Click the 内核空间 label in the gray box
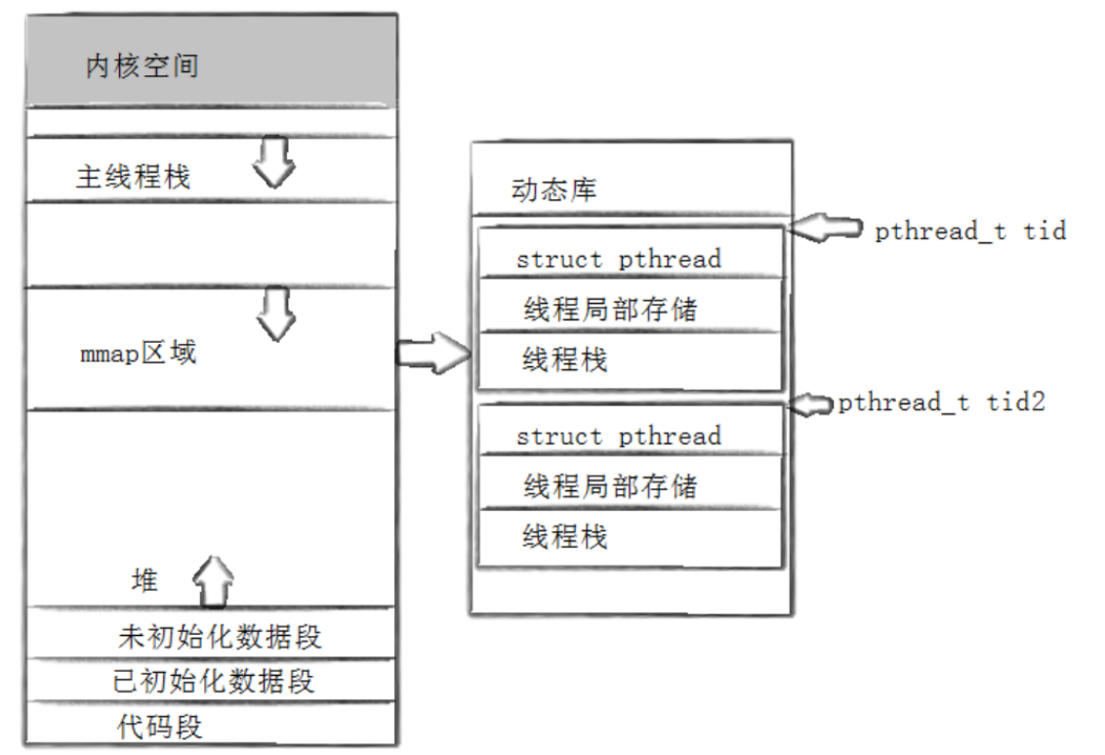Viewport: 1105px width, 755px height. coord(143,66)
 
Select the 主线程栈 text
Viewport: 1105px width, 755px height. coord(134,177)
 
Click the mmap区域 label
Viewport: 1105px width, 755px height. coord(138,353)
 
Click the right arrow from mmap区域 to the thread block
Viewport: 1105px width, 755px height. coord(432,352)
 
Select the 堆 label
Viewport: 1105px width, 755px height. coord(144,581)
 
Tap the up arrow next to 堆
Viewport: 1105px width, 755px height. coord(214,581)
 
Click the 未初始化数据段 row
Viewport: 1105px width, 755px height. coord(220,638)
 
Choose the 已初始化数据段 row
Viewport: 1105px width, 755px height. coord(214,681)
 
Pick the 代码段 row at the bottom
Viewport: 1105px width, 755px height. coord(160,727)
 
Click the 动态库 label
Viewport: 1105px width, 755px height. coord(553,190)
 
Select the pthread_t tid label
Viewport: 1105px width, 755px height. coord(969,231)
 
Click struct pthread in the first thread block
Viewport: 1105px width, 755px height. coord(618,259)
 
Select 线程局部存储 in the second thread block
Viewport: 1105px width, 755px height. coord(610,485)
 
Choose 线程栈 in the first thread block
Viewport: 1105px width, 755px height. coord(564,359)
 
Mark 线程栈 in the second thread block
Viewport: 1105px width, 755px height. coord(564,536)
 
